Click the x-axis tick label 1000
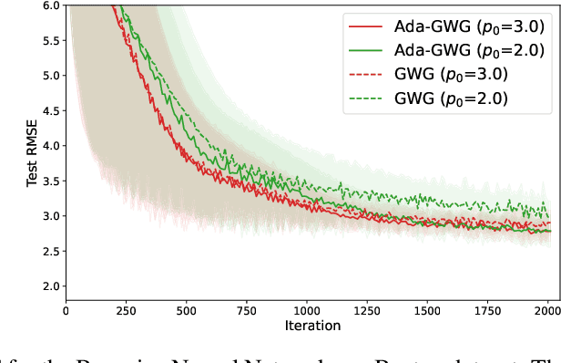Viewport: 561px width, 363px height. [x=307, y=310]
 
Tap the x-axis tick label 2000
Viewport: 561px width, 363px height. [x=548, y=310]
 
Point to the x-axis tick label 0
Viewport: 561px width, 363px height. [x=66, y=310]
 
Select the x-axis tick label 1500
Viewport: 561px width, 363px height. [x=427, y=310]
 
